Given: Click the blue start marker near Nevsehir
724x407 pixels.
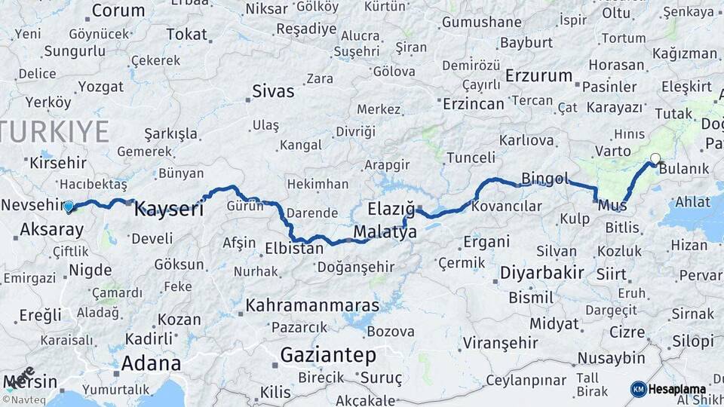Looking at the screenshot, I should coord(69,206).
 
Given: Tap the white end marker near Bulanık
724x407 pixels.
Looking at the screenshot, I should coord(655,158).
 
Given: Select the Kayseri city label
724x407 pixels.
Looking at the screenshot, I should coord(169,210).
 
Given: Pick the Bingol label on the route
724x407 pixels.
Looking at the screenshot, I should coord(545,179).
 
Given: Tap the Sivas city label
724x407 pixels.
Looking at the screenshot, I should coord(273,92).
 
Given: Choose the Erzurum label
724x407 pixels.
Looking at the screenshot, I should coord(539,76).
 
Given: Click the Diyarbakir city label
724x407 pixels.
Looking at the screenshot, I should coord(542,272).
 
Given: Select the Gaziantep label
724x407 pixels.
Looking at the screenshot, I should coord(328,354).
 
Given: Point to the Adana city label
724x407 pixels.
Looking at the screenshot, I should coord(151,363).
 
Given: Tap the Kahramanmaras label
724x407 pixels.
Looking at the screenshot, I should coord(311,306).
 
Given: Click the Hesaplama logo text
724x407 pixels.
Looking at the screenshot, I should coord(678,389).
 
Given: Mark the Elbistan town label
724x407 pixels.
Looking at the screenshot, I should coord(294,247).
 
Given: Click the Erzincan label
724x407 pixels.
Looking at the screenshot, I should coord(474,103).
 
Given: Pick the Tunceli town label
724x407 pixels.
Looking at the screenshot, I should coord(471,158).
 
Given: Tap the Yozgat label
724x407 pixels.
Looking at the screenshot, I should coord(100,86).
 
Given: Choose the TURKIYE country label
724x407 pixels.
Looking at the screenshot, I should coord(54,131).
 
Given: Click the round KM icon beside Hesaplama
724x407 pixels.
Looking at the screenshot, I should coord(638,389).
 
